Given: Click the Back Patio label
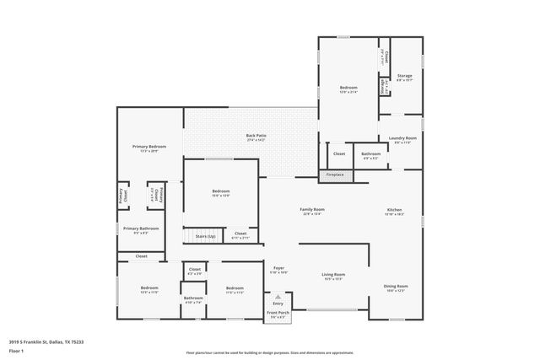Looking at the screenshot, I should point(256,136).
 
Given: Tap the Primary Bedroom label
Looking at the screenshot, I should point(149,148).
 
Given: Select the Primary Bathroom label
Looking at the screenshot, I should point(142,228).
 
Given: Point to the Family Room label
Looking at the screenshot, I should point(312,209).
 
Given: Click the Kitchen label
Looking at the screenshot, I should point(394,209).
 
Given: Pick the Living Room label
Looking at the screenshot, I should point(334,274).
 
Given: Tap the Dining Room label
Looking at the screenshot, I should point(396,286).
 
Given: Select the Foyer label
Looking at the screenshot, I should point(278,268).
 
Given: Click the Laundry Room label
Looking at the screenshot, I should point(402,137).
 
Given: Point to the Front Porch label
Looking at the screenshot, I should point(278,313).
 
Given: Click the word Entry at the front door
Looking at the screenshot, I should point(278,303).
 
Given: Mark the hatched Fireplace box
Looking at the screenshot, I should point(336,175).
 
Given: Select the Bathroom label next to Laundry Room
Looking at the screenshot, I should point(371,153).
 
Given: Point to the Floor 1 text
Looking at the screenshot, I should point(16,350).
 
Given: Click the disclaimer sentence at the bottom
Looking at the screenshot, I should point(270,351).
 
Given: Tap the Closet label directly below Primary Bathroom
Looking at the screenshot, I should point(141,255).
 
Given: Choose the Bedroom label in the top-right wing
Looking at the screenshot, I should point(348,88).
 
